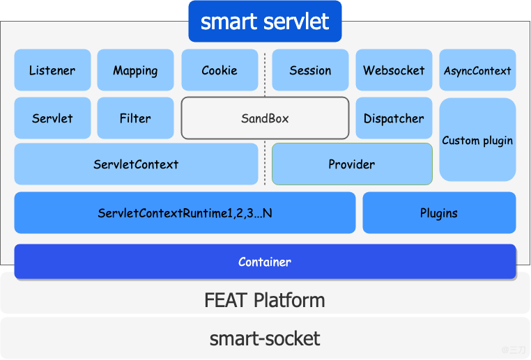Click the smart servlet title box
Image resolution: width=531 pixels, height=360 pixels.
pyautogui.click(x=265, y=22)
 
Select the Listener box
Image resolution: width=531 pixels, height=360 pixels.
pyautogui.click(x=52, y=70)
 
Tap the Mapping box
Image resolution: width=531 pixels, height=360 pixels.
pyautogui.click(x=135, y=70)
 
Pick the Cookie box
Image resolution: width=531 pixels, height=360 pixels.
pyautogui.click(x=220, y=70)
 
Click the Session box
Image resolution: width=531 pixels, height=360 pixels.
pyautogui.click(x=310, y=70)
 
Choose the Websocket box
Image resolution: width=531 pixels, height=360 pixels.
pyautogui.click(x=394, y=70)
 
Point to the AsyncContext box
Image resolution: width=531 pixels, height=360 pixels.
pyautogui.click(x=477, y=70)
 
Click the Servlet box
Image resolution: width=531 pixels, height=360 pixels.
pyautogui.click(x=52, y=118)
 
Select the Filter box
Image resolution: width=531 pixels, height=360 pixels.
pyautogui.click(x=135, y=118)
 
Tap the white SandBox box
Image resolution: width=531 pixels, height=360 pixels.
pyautogui.click(x=265, y=118)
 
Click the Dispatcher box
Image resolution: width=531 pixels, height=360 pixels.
pyautogui.click(x=394, y=118)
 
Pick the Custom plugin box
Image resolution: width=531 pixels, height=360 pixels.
pyautogui.click(x=477, y=140)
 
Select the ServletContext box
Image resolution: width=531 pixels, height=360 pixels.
pyautogui.click(x=136, y=164)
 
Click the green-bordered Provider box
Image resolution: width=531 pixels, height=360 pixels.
pyautogui.click(x=352, y=164)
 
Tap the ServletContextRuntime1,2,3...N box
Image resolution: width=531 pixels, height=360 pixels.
pyautogui.click(x=185, y=213)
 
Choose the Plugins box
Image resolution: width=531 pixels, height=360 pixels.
pyautogui.click(x=439, y=213)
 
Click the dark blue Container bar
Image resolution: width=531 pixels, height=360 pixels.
pyautogui.click(x=265, y=262)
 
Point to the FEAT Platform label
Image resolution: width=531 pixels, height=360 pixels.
pyautogui.click(x=265, y=301)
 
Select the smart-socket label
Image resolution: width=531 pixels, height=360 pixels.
pyautogui.click(x=265, y=339)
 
